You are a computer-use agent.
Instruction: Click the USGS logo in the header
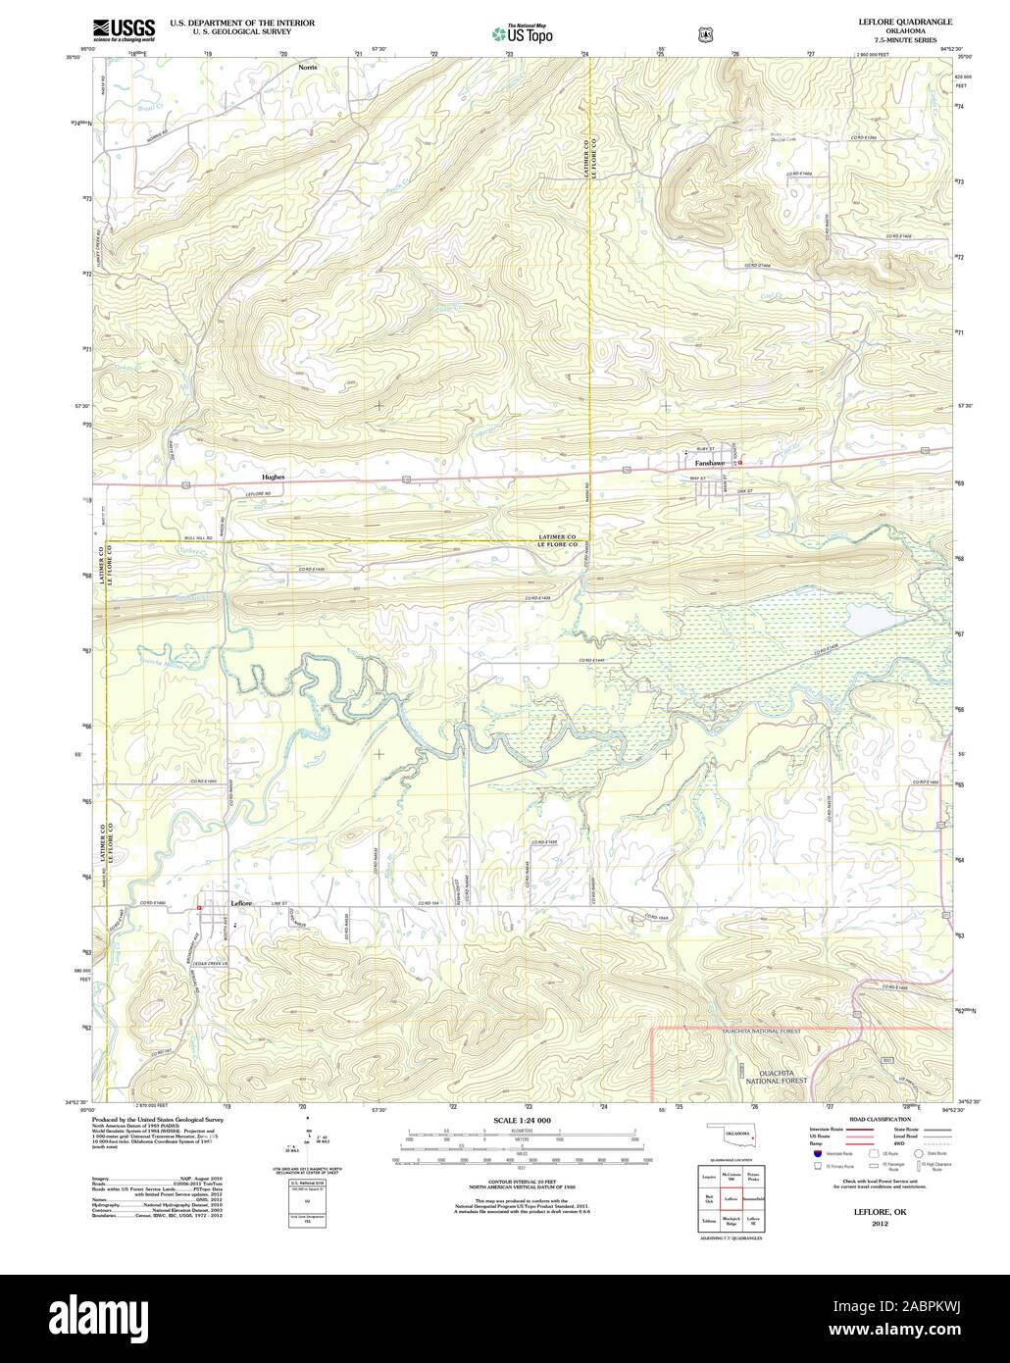(123, 28)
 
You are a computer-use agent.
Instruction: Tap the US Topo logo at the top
(523, 32)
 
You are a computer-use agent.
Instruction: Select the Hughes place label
(274, 477)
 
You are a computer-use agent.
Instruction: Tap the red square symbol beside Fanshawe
(740, 462)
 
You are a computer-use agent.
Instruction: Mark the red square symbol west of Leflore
(199, 907)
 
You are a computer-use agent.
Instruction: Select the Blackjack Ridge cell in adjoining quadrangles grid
(731, 1221)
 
